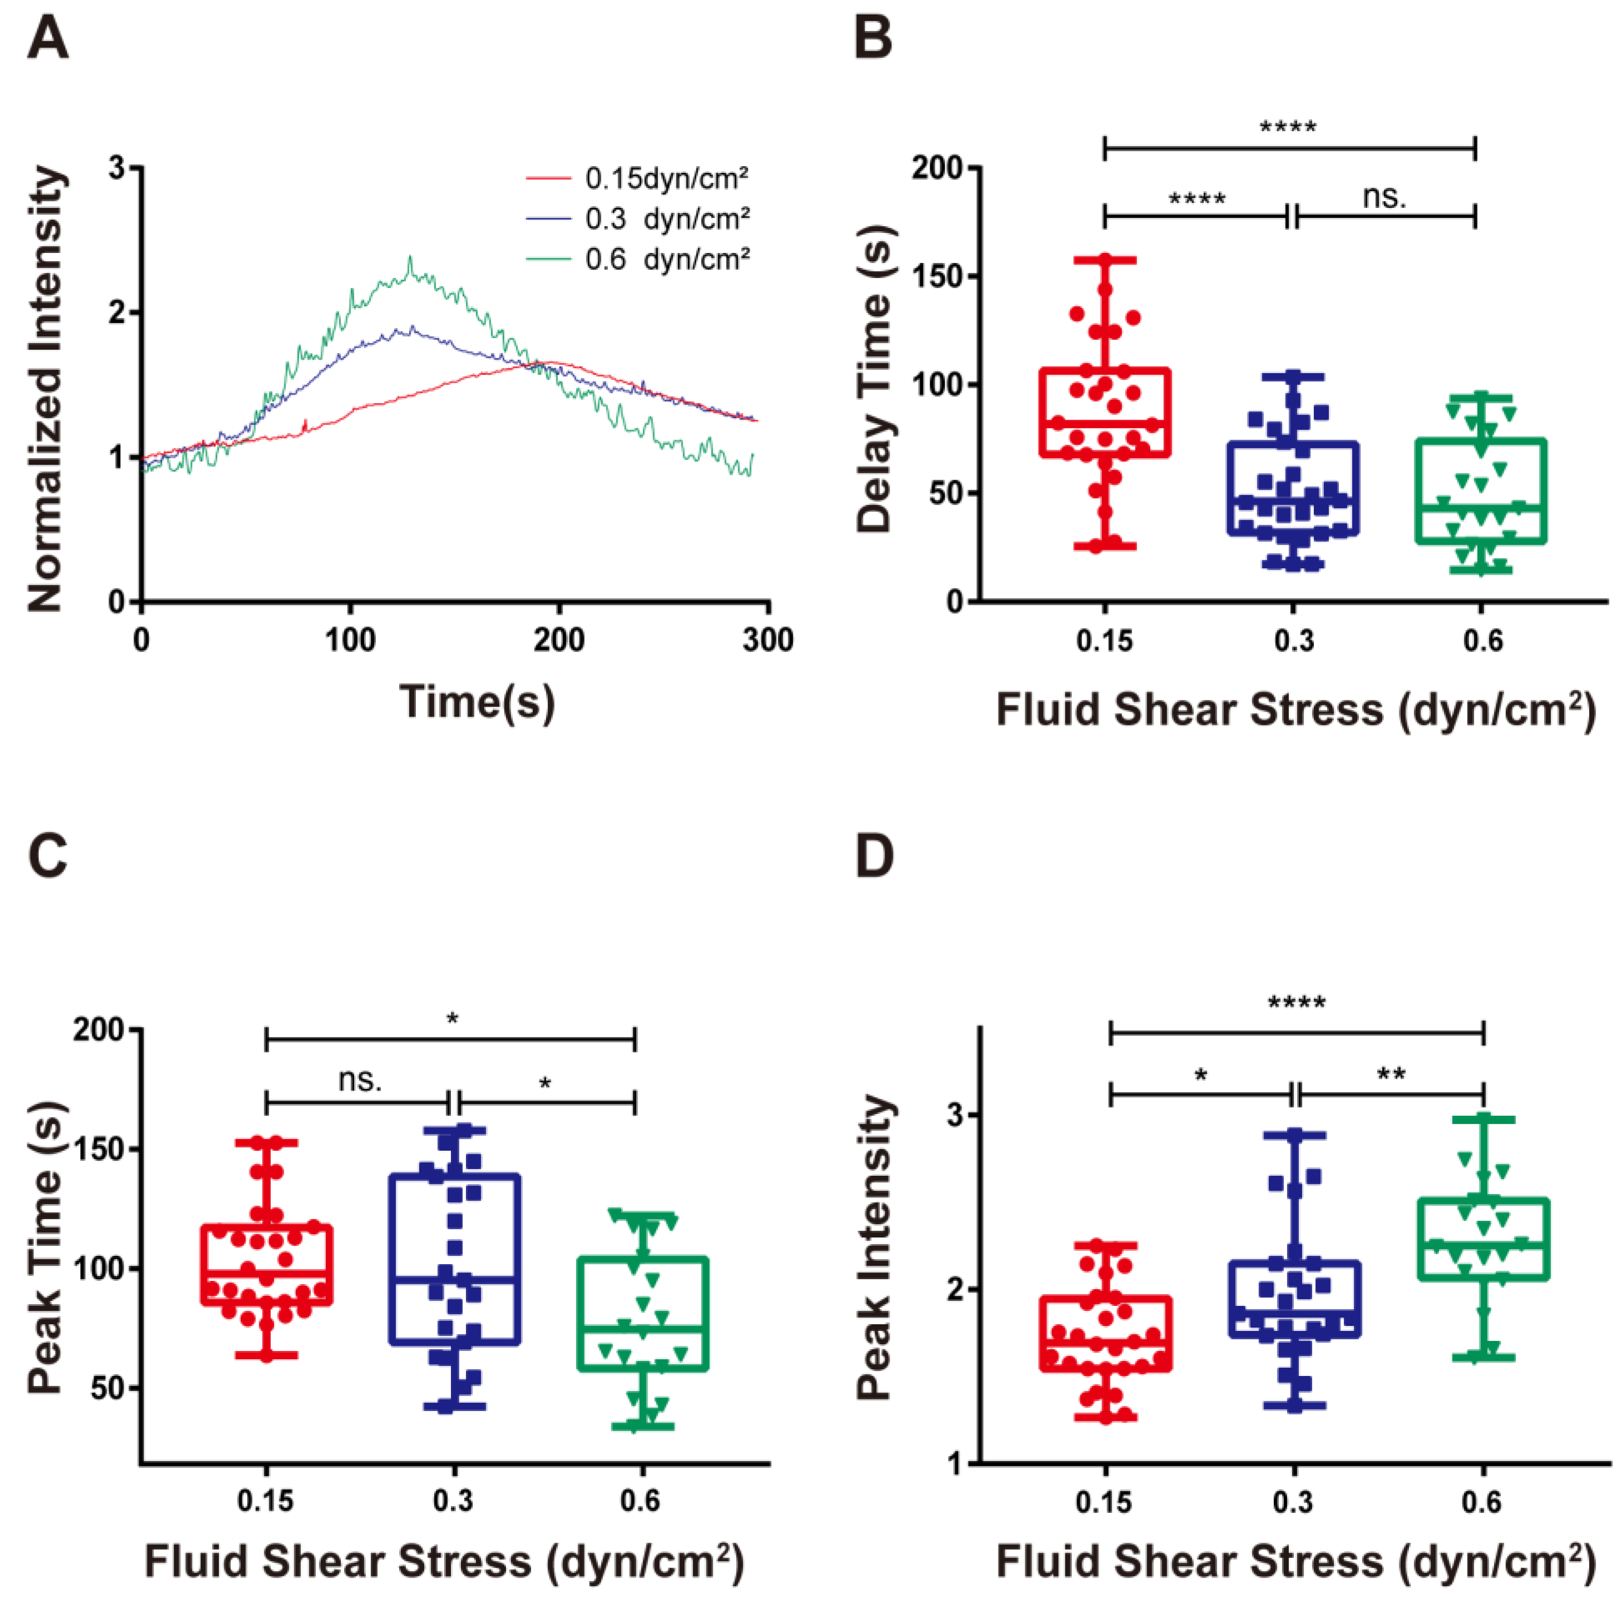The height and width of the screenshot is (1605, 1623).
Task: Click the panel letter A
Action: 47,39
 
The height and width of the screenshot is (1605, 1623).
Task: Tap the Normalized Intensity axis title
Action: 46,389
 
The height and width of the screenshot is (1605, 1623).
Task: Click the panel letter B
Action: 873,39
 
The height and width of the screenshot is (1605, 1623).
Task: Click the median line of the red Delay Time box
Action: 1105,423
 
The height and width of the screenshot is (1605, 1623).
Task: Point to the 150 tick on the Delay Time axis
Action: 939,276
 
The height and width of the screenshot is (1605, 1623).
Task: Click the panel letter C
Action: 47,857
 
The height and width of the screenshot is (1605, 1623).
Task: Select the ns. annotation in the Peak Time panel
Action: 360,1080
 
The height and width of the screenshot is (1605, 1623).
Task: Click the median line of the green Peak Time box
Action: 643,1328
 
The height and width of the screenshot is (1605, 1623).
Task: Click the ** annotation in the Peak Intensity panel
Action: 1391,1074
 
